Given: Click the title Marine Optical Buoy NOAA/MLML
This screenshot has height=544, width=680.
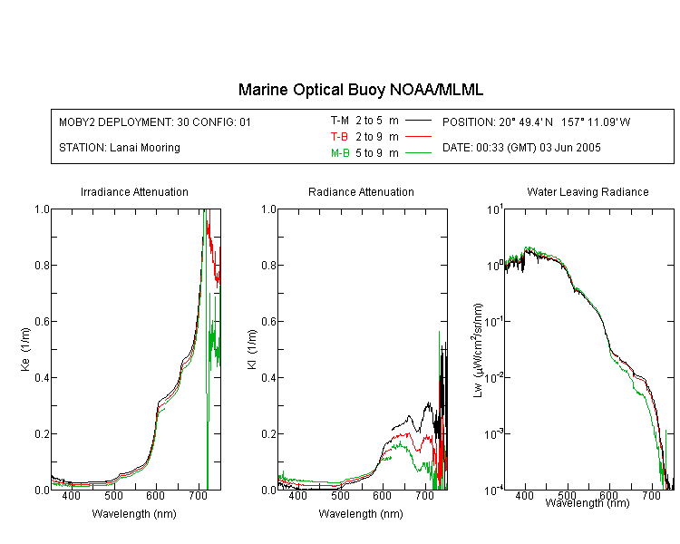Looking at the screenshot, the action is point(361,90).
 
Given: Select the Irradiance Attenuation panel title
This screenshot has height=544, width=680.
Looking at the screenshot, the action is point(134,191).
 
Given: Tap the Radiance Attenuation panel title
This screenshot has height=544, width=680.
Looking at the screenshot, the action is point(361,191).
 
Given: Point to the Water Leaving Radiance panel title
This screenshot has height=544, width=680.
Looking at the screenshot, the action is point(588,191).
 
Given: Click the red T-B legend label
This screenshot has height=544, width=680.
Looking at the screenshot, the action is point(340,137).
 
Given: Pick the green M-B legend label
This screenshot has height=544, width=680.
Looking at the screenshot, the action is point(340,152).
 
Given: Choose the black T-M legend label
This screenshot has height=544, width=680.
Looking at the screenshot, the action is point(340,121).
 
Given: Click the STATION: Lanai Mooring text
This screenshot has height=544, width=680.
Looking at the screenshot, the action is point(120,148).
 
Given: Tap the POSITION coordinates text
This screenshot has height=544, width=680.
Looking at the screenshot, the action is point(537,121).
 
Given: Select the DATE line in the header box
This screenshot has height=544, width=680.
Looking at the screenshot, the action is point(521,148).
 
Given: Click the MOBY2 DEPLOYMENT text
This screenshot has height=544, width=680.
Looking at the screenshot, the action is point(155,121).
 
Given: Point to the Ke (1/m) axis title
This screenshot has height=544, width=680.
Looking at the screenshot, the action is point(25,350).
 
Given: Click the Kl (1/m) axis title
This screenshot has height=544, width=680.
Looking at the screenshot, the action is point(252,350).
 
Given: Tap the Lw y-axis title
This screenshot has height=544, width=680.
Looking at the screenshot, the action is point(478,350).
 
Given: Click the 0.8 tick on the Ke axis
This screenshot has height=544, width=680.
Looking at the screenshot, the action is point(42,265).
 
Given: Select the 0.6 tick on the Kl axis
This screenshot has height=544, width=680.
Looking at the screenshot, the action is point(269,322).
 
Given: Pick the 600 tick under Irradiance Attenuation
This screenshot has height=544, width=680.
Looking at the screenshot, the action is point(155,496).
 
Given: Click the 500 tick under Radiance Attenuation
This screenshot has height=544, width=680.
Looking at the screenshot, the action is point(340,496).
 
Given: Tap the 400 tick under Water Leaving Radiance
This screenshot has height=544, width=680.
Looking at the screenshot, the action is point(524,495).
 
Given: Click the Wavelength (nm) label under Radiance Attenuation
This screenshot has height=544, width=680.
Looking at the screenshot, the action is point(361,514).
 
